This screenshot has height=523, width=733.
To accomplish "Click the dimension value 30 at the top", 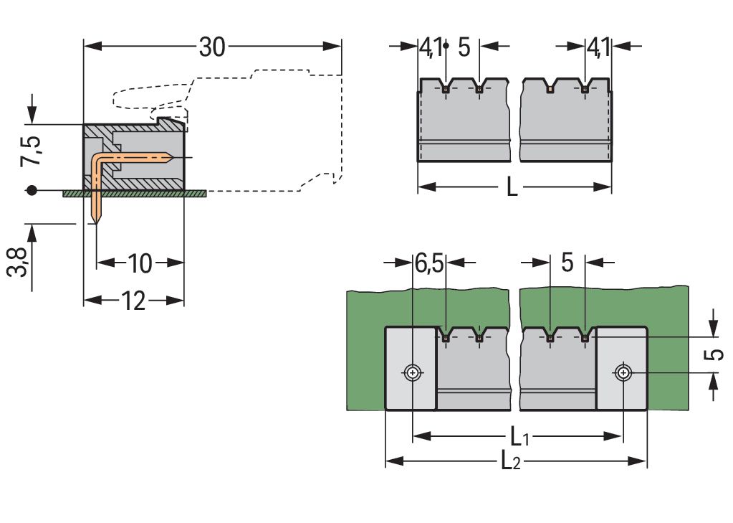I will (212, 47).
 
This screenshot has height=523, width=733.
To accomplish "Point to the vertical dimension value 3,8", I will (21, 263).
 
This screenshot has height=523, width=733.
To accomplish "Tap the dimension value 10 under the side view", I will (140, 263).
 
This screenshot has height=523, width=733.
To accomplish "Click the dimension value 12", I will (133, 301).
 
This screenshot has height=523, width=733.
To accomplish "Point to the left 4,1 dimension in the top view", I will (430, 47).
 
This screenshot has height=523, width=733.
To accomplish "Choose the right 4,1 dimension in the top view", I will (598, 47).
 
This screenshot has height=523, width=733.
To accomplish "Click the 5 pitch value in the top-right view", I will (464, 47).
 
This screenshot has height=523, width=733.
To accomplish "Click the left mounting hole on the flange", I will (412, 373).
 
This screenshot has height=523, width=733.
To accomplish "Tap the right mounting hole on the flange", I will (623, 373).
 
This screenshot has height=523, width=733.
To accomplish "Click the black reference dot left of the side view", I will (31, 191).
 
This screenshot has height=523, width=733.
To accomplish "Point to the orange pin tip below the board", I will (96, 220).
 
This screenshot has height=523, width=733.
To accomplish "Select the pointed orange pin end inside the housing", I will (169, 156).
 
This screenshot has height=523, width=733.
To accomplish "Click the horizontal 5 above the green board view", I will (567, 263).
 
